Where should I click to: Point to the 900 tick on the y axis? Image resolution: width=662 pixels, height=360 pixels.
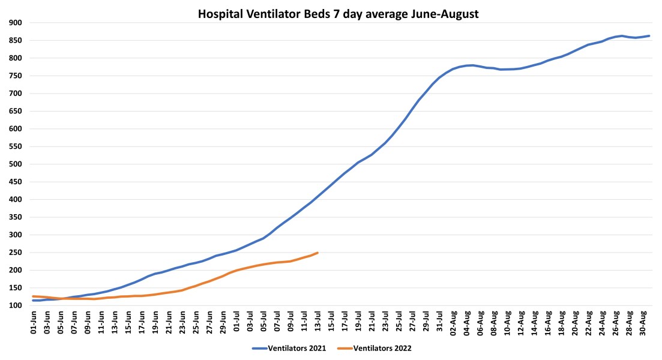point(15,23)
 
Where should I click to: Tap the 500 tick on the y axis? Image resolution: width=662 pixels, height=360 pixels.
point(15,164)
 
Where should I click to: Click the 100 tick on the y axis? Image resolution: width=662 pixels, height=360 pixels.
point(15,305)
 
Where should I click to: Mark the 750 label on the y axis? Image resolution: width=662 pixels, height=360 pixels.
point(15,76)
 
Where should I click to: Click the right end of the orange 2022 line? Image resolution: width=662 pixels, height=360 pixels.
point(317,253)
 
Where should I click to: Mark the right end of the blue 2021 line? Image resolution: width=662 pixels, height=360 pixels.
point(649,36)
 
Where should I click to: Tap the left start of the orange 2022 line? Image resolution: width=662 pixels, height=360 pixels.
point(33,296)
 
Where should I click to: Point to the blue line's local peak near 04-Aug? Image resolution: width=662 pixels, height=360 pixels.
point(472,65)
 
